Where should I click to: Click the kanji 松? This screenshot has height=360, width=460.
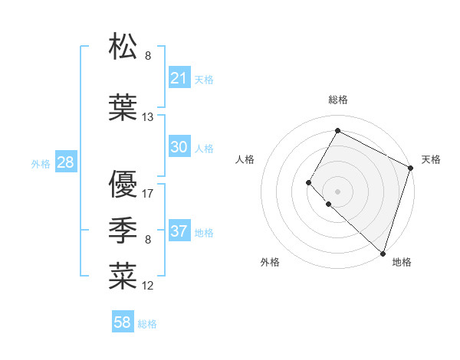[123, 47]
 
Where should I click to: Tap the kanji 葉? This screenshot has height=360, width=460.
[123, 108]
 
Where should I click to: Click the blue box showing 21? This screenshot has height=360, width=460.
[179, 77]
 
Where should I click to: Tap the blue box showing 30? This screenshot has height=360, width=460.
[179, 147]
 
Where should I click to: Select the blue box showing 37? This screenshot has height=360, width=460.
[179, 231]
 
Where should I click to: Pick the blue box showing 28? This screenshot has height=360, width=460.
[65, 162]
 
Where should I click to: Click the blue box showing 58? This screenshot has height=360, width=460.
[123, 322]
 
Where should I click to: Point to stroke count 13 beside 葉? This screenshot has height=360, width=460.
[148, 117]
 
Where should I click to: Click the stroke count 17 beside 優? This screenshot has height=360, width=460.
[148, 193]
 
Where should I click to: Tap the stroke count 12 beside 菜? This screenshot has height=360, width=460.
[148, 286]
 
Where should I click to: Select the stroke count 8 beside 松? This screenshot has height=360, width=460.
[148, 56]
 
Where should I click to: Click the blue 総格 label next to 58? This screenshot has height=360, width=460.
[147, 324]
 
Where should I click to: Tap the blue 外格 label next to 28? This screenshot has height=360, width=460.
[40, 163]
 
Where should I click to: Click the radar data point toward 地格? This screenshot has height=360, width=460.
[382, 254]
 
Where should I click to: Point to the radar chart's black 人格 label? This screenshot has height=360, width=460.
[245, 159]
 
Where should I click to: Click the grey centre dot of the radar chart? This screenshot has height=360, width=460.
[337, 191]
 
